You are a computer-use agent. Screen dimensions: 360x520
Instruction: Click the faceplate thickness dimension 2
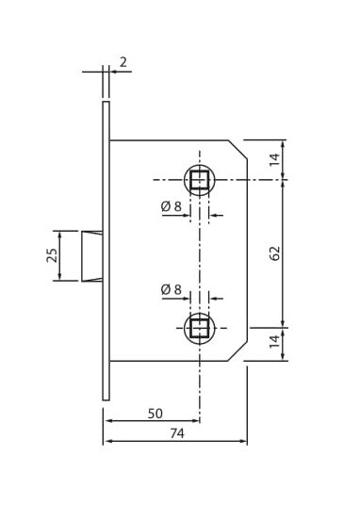pos(123,62)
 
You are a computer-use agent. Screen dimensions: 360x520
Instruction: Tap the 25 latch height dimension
pos(52,255)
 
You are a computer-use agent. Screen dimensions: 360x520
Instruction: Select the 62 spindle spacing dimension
pos(275,253)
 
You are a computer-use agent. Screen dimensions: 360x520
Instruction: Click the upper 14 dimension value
pos(275,160)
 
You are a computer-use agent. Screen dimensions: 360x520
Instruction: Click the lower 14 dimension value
pos(275,342)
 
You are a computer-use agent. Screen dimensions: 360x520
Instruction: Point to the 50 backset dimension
pos(155,414)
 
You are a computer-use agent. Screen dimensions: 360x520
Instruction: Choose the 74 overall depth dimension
pos(177,433)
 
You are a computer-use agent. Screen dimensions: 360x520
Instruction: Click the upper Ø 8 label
pos(172,206)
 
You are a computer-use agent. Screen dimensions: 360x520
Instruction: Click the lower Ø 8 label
pos(172,289)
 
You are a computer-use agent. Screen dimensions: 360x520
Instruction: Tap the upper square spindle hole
pos(200,180)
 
